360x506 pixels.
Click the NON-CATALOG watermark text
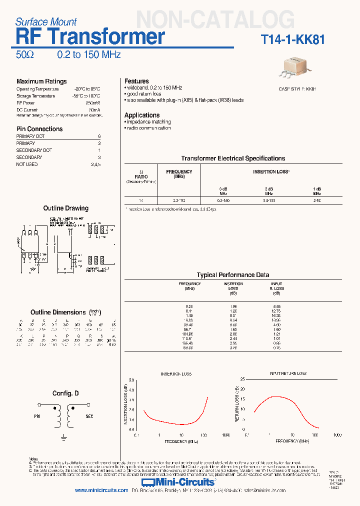click(x=215, y=19)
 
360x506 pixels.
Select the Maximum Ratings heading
click(x=41, y=81)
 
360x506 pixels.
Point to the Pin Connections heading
click(x=39, y=129)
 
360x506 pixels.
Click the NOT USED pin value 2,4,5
click(x=95, y=164)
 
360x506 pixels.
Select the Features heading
click(x=136, y=81)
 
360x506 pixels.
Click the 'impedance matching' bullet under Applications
click(x=148, y=122)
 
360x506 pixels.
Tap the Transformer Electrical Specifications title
click(x=233, y=158)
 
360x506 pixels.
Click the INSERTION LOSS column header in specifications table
click(x=271, y=171)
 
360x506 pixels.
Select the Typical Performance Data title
click(x=233, y=275)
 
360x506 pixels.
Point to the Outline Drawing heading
click(x=65, y=208)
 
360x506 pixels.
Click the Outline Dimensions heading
click(x=58, y=312)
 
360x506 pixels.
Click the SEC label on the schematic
click(x=89, y=416)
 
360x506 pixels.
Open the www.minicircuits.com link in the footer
click(x=101, y=490)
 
